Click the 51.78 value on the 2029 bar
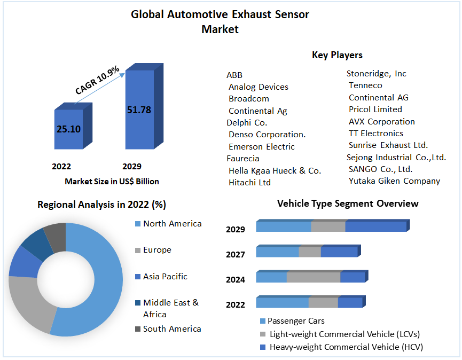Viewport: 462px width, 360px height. tap(139, 110)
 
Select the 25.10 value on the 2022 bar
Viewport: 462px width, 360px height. tap(68, 129)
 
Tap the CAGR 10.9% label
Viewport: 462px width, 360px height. tap(98, 81)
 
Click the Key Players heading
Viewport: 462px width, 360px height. tap(337, 55)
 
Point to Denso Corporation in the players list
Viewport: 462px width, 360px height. tap(267, 135)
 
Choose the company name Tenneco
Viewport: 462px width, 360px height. tap(365, 85)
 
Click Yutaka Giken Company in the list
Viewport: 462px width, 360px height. tap(394, 181)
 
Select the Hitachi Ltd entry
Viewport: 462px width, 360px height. tap(249, 183)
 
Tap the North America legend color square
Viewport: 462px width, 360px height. tap(138, 224)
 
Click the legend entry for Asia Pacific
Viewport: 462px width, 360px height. tap(165, 277)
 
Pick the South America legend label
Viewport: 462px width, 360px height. tap(172, 329)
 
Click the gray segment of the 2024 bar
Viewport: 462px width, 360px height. tap(314, 277)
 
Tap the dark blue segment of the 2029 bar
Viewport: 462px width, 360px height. tap(375, 226)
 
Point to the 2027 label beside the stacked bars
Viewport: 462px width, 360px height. tap(236, 255)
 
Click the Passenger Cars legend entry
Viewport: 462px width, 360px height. tap(295, 321)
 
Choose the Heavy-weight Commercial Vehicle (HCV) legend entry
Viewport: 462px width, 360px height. tap(344, 347)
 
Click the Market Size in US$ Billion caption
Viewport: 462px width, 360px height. tap(112, 182)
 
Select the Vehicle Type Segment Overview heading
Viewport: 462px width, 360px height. tap(348, 204)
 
